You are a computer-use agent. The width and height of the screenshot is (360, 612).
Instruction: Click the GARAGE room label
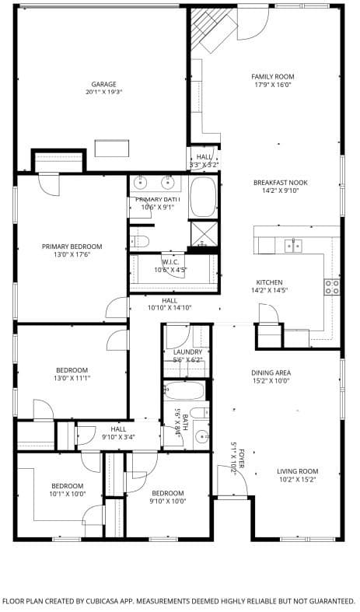click(x=103, y=84)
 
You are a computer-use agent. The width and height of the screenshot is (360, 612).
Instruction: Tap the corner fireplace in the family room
click(x=212, y=29)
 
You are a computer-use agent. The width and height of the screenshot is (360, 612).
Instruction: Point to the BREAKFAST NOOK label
click(x=280, y=183)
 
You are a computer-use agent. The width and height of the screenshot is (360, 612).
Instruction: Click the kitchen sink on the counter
click(x=293, y=246)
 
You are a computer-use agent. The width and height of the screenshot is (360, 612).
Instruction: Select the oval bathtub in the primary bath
click(x=204, y=198)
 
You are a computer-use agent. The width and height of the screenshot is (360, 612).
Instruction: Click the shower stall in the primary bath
click(x=204, y=233)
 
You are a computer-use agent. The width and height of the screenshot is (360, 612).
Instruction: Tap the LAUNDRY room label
click(x=187, y=352)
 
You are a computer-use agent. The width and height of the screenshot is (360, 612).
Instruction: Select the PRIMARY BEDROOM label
click(x=72, y=247)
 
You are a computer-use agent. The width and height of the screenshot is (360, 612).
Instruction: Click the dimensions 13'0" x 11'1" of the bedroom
click(x=72, y=379)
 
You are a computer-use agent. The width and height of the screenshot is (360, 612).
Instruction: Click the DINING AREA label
click(x=271, y=372)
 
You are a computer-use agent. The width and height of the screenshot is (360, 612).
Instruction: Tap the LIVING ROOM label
click(x=298, y=470)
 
